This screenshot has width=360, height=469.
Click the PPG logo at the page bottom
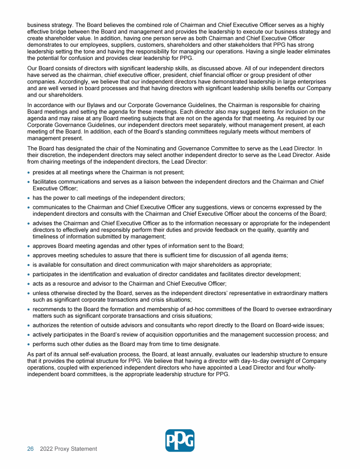click(180, 440)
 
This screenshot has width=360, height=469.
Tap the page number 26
click(30, 449)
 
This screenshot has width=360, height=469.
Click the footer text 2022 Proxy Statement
click(68, 449)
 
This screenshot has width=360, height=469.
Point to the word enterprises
click(314, 82)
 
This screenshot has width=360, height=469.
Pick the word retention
click(82, 325)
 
